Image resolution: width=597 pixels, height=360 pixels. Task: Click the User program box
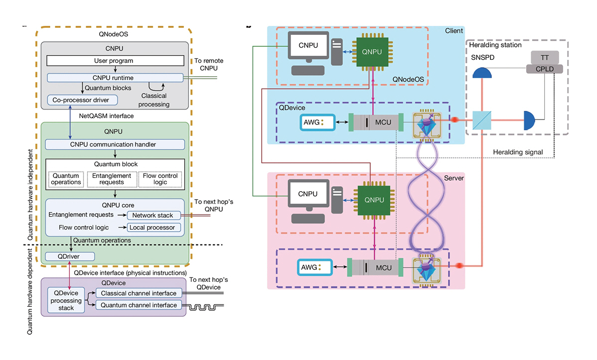pyautogui.click(x=114, y=61)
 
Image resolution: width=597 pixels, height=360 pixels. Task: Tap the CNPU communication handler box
pyautogui.click(x=115, y=144)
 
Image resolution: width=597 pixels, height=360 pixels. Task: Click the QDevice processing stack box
pyautogui.click(x=66, y=301)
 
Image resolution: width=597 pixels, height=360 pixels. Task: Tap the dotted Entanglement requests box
pyautogui.click(x=112, y=179)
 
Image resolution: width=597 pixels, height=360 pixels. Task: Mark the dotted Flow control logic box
pyautogui.click(x=160, y=179)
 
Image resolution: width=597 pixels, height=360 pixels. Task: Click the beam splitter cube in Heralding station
pyautogui.click(x=482, y=120)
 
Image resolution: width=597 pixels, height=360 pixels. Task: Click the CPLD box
pyautogui.click(x=545, y=69)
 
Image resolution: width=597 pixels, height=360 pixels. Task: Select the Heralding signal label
pyautogui.click(x=518, y=152)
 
